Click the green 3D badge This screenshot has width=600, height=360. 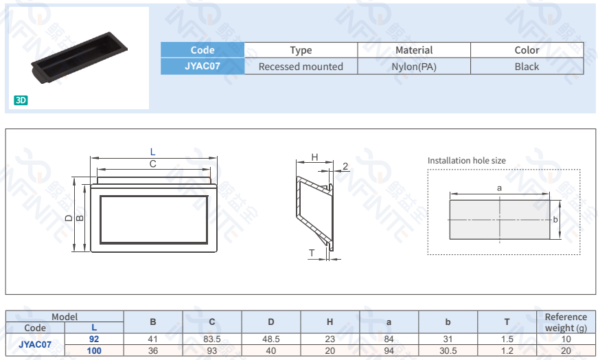tap(21, 100)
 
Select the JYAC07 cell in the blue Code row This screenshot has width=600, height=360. tap(203, 67)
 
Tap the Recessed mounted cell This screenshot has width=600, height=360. tap(301, 67)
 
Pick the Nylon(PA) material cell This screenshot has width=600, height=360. tap(414, 67)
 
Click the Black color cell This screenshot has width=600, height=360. tap(527, 67)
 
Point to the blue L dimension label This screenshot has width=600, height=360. tap(153, 152)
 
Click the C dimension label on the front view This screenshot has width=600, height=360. tap(153, 164)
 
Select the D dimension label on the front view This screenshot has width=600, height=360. tap(69, 218)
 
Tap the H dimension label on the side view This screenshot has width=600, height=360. tap(314, 157)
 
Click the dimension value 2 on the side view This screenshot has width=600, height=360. tap(345, 166)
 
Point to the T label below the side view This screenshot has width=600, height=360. tap(312, 254)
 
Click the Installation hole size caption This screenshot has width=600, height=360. tap(466, 161)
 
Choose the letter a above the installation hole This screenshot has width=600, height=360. tap(499, 187)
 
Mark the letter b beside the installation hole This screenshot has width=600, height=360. tap(555, 219)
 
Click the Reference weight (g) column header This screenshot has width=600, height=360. tap(566, 322)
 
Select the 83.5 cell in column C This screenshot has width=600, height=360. tap(212, 339)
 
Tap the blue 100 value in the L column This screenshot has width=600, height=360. tap(94, 350)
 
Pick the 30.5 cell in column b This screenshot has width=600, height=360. tap(448, 350)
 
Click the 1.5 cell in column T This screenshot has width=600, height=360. tap(507, 339)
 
